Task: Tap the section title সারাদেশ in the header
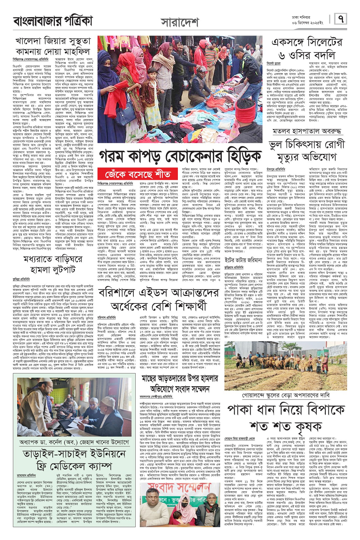[x=179, y=23]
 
